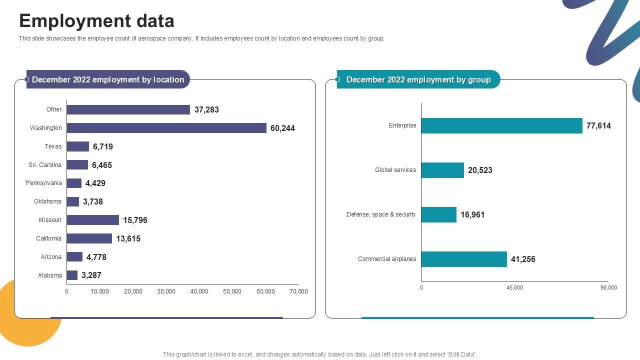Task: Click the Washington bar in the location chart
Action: [x=166, y=128]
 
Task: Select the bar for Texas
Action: [x=78, y=146]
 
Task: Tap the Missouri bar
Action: [x=93, y=220]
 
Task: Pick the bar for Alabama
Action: [x=72, y=275]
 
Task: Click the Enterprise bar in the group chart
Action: [x=501, y=125]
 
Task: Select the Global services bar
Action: [x=442, y=170]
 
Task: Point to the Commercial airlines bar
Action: [x=464, y=259]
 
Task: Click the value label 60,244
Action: [x=282, y=128]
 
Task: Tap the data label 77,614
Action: [x=598, y=126]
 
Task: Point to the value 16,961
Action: [x=472, y=215]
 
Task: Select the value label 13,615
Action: [x=128, y=239]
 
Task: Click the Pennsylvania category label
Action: [x=44, y=183]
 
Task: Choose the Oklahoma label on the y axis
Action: [x=47, y=201]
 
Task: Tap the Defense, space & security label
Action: [x=381, y=214]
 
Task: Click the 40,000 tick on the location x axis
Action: [x=199, y=291]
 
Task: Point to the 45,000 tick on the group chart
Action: [x=514, y=287]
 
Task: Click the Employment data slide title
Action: [x=96, y=21]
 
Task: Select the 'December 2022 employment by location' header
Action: [x=108, y=79]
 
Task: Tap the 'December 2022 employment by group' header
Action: [x=418, y=79]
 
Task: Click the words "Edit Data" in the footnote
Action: [x=461, y=354]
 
